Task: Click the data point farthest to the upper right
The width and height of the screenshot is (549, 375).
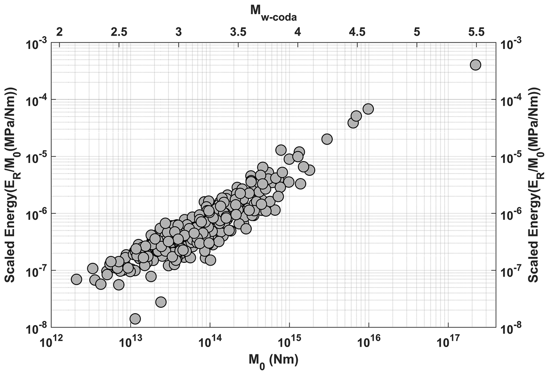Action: click(x=475, y=65)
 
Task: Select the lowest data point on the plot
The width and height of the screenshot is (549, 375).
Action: click(x=135, y=319)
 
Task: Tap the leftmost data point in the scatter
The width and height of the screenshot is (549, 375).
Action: click(x=76, y=279)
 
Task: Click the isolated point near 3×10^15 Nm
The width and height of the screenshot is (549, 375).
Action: click(x=327, y=139)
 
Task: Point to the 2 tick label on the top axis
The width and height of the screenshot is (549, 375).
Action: click(x=59, y=32)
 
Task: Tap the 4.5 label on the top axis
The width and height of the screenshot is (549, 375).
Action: click(x=357, y=32)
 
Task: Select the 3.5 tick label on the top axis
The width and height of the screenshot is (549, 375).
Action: click(x=238, y=32)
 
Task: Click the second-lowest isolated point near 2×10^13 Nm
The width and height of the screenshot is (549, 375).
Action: click(x=161, y=302)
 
